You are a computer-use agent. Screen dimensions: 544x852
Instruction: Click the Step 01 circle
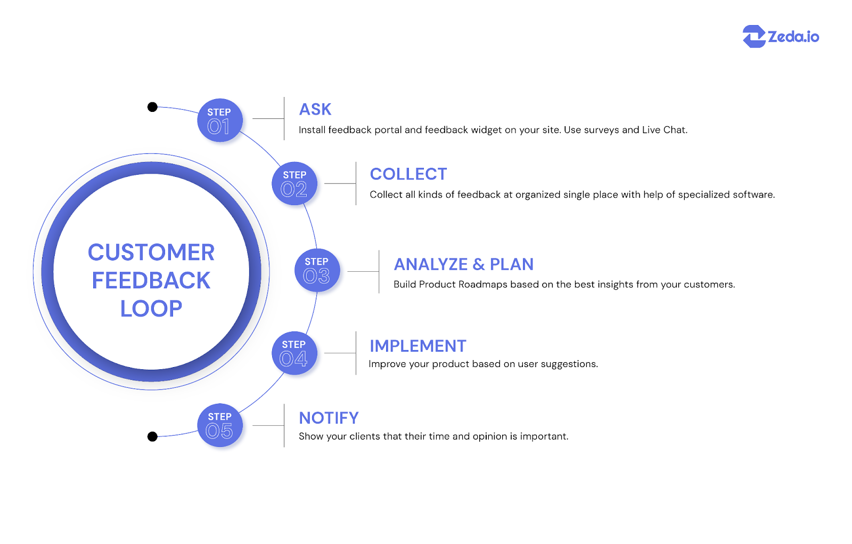[219, 120]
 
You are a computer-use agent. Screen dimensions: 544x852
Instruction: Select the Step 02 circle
[294, 183]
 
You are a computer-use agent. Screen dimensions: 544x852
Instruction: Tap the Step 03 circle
[317, 270]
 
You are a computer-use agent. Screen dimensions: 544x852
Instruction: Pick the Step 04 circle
[294, 353]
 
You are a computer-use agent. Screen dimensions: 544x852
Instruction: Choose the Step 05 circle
[219, 425]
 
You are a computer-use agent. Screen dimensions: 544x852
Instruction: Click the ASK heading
[315, 109]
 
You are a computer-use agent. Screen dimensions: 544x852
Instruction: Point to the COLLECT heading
[408, 174]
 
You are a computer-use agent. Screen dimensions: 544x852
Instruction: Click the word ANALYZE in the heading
[430, 264]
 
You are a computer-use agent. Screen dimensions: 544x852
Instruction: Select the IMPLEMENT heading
[418, 346]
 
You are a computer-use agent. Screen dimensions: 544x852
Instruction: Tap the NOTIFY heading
[329, 418]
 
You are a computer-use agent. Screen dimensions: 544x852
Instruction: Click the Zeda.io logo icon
[754, 37]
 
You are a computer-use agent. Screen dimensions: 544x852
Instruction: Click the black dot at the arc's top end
[152, 107]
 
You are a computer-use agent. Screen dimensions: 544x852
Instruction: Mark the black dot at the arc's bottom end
[152, 437]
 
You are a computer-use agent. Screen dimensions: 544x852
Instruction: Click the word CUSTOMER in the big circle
[151, 253]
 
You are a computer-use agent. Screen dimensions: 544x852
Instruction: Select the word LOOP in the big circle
[151, 308]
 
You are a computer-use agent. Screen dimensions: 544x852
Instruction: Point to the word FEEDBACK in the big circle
[151, 281]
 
